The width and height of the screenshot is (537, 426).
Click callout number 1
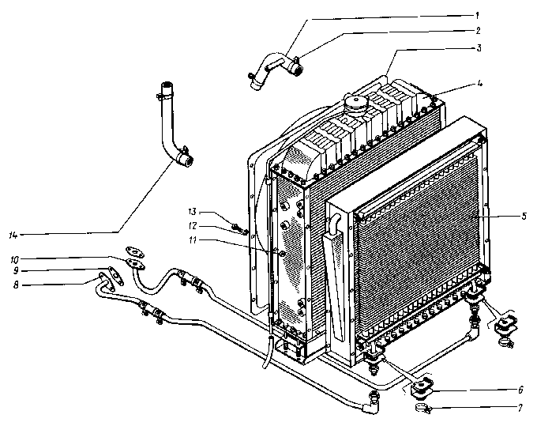click(500, 14)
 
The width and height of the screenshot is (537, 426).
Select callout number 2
click(500, 32)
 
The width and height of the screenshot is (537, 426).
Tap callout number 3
click(500, 49)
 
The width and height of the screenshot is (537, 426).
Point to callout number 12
click(192, 225)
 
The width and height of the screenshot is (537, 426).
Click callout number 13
click(192, 212)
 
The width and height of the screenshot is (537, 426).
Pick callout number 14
click(13, 235)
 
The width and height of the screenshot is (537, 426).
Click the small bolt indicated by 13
click(238, 229)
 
